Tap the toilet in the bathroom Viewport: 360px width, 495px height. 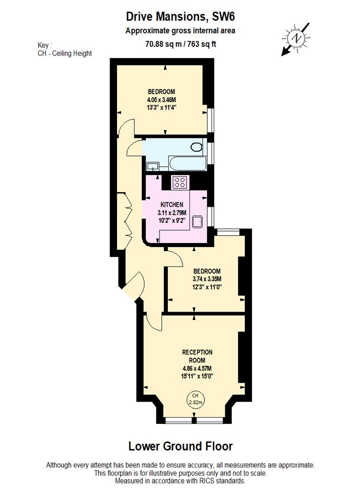(x=196, y=147)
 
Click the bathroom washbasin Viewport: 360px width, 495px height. (x=152, y=166)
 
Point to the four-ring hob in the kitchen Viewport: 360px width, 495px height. (x=179, y=182)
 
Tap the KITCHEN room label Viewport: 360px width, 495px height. (x=172, y=204)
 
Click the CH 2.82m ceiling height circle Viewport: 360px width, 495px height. (x=196, y=399)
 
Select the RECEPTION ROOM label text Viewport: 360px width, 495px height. (x=197, y=356)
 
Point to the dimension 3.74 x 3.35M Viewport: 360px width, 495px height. (x=207, y=279)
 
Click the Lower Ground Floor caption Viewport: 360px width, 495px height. (x=180, y=446)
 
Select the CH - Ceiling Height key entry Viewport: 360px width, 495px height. (x=65, y=54)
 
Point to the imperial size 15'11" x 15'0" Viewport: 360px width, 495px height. (x=197, y=376)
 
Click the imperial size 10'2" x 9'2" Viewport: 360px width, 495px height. (x=172, y=220)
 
